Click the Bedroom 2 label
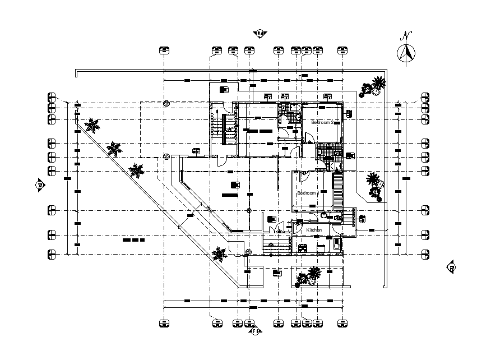[322, 122]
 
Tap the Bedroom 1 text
[308, 193]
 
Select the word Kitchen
[314, 230]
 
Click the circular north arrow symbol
[405, 54]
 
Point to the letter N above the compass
[405, 35]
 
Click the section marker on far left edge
[40, 184]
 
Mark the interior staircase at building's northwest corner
[228, 129]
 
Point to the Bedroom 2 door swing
[307, 138]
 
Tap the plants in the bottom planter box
[309, 276]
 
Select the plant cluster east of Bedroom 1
[374, 185]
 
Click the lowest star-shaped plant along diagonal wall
[219, 255]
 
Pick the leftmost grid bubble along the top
[163, 50]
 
